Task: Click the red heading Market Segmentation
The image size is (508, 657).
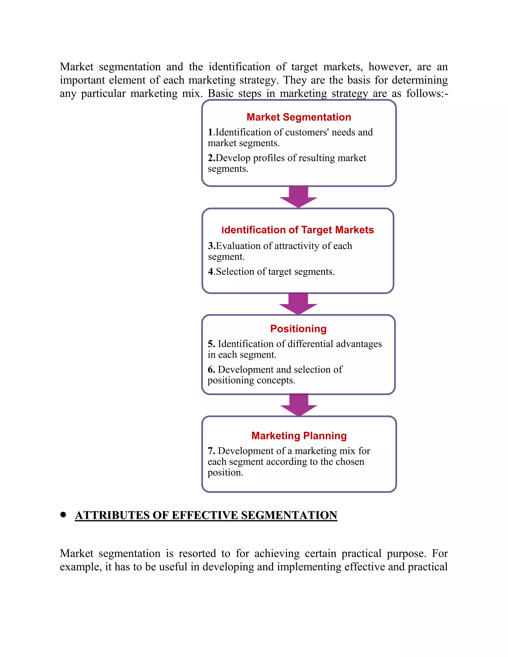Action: pyautogui.click(x=299, y=117)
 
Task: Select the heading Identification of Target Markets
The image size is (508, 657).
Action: pyautogui.click(x=297, y=230)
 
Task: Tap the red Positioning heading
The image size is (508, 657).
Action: pyautogui.click(x=298, y=328)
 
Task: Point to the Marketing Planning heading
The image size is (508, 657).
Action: pyautogui.click(x=299, y=436)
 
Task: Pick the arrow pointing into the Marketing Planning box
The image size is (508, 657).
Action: pyautogui.click(x=299, y=405)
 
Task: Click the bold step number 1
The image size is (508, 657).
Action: pyautogui.click(x=210, y=132)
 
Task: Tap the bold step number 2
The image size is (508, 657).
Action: pyautogui.click(x=211, y=158)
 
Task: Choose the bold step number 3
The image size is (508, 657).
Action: pyautogui.click(x=211, y=246)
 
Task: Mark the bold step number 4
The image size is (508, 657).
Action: pyautogui.click(x=211, y=272)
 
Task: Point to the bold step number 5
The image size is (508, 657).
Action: pyautogui.click(x=211, y=344)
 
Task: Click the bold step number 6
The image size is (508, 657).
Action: pyautogui.click(x=211, y=369)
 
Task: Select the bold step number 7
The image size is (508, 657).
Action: pyautogui.click(x=211, y=451)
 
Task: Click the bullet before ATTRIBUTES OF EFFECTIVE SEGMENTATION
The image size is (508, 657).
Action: pyautogui.click(x=63, y=514)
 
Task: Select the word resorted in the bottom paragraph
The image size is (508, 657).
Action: pyautogui.click(x=197, y=554)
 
